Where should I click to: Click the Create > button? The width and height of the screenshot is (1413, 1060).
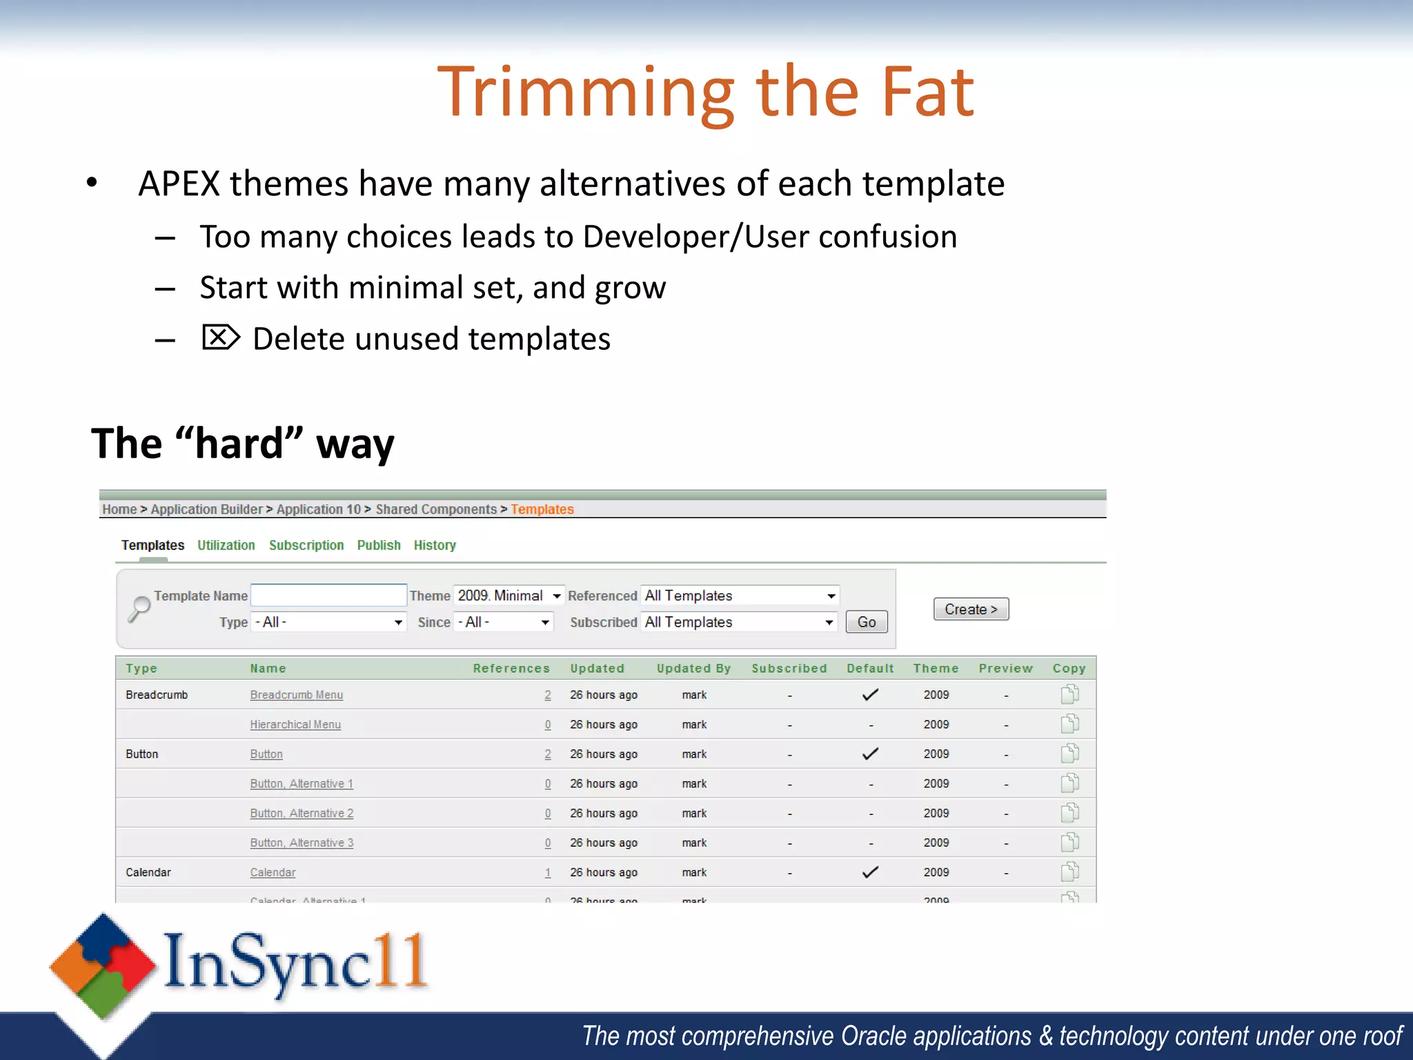tap(971, 609)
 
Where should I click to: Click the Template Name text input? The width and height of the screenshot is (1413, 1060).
tap(328, 595)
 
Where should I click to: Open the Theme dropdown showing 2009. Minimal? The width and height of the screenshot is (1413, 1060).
tap(508, 596)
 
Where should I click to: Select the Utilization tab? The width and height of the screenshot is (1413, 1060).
tap(226, 545)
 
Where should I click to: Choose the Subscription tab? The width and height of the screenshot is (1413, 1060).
tap(306, 545)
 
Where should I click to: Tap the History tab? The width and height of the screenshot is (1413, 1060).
tap(435, 545)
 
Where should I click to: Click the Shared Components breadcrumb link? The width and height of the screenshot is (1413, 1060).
tap(436, 509)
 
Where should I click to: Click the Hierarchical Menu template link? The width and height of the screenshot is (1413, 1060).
tap(295, 725)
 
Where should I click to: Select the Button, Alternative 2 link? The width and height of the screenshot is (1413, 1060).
tap(302, 814)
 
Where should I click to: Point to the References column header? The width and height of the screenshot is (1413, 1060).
tap(511, 668)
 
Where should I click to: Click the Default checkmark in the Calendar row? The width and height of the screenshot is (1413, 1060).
tap(870, 872)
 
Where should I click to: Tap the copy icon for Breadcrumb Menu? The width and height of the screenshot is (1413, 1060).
tap(1069, 694)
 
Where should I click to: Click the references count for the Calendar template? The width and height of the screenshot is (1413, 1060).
tap(548, 873)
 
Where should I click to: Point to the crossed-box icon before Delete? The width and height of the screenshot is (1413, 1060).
tap(221, 337)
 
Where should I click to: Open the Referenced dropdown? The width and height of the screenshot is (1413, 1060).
tap(740, 596)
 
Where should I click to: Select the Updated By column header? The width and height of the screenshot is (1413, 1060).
tap(693, 668)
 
